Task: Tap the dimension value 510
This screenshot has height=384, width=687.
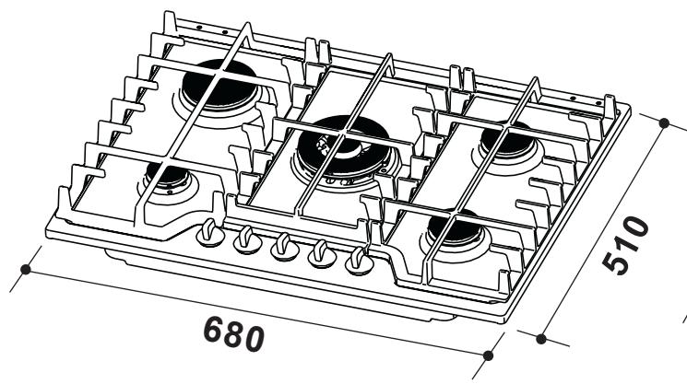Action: [628, 247]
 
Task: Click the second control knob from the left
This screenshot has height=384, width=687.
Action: [245, 241]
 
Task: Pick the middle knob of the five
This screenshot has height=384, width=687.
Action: [282, 248]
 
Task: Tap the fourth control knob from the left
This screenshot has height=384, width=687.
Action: [320, 255]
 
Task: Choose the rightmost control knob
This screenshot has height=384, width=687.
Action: [358, 263]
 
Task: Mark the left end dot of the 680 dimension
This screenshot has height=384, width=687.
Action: [28, 270]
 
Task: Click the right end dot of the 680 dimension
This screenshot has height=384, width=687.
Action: [489, 351]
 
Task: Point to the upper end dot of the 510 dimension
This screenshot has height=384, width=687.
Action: [666, 120]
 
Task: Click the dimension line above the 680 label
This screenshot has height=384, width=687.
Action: [258, 310]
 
